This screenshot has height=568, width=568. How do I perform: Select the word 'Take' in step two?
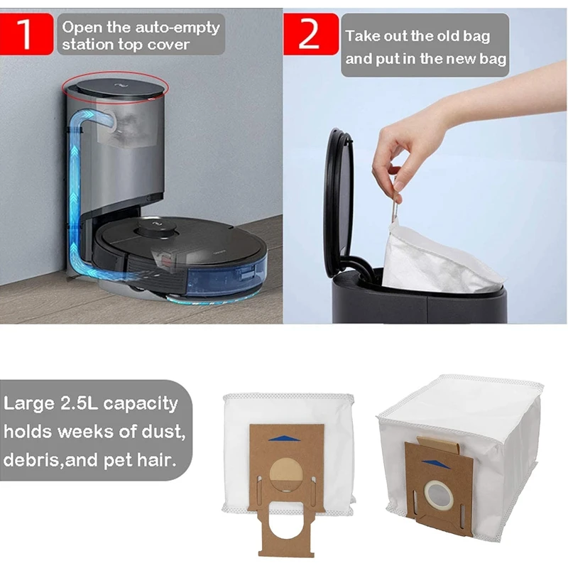point(362,35)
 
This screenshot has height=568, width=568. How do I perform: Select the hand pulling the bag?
point(405,142)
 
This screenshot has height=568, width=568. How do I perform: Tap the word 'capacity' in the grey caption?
point(138,404)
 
